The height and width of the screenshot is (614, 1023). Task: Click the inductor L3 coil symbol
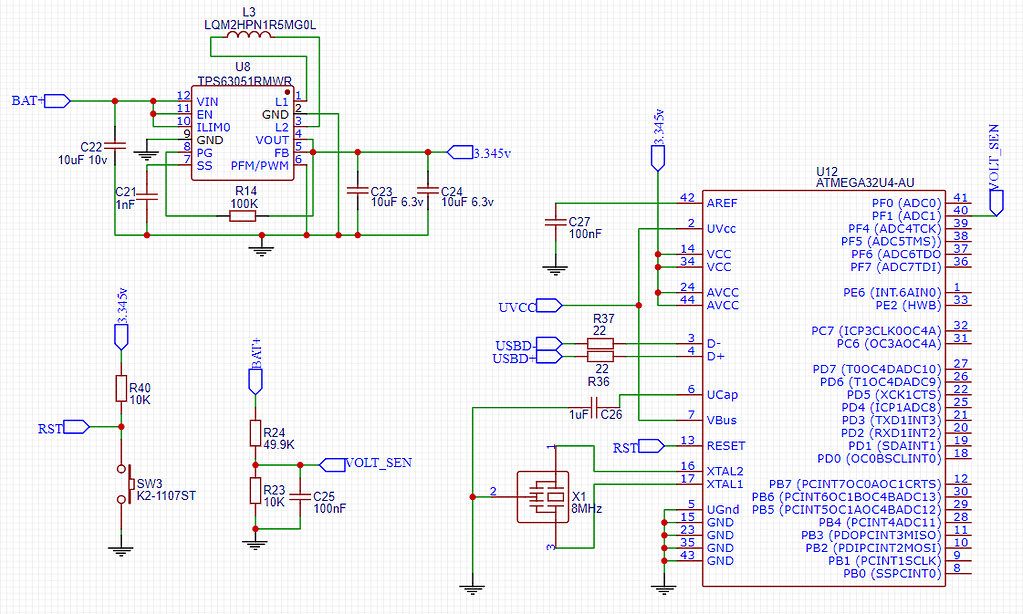coord(249,37)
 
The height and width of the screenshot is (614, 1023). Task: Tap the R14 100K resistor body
coord(243,215)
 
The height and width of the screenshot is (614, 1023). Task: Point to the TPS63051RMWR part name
coord(244,81)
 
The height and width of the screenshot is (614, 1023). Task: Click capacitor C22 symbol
coord(114,146)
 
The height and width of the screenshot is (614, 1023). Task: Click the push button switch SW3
coord(127,485)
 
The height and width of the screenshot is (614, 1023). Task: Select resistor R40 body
coord(121,388)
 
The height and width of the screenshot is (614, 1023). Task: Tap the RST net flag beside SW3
coord(76,428)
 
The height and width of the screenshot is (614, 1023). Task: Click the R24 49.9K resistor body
coord(255,432)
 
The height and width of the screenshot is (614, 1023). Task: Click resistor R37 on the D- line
coord(600,344)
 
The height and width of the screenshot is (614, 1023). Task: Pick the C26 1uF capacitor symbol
coord(595,407)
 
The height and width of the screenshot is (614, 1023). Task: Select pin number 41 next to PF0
coord(960,198)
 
